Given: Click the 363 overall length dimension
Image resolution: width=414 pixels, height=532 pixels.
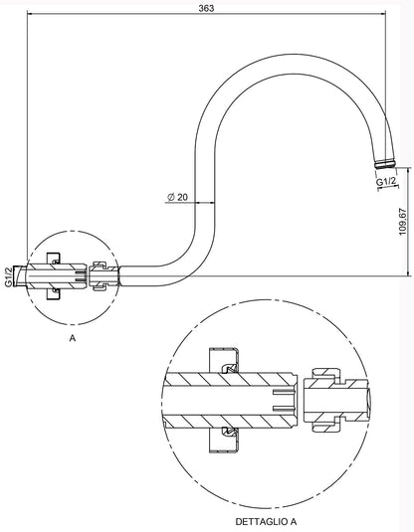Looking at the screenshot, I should click(206, 8).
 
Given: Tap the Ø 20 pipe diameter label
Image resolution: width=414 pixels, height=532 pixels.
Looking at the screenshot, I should click(179, 198).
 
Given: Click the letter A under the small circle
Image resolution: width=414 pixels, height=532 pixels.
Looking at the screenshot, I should click(73, 339).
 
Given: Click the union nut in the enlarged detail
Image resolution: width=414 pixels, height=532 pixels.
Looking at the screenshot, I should click(325, 401).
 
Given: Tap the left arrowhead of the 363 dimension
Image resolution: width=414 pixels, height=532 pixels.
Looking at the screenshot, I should click(27, 17).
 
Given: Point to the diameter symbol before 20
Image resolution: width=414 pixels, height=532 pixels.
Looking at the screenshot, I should click(172, 198).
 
